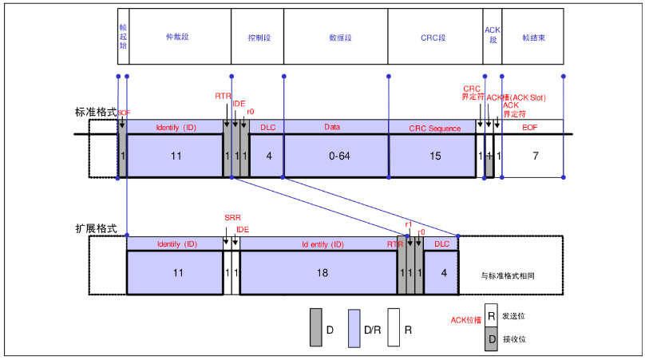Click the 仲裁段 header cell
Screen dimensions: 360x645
[179, 37]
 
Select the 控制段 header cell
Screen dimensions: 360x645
[257, 37]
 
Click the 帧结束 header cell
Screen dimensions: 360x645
[532, 37]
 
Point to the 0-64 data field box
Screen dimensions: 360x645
[335, 156]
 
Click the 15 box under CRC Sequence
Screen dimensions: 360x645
[435, 156]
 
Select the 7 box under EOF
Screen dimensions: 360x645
[534, 156]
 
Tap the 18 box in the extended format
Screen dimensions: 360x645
[318, 273]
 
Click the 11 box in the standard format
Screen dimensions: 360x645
[176, 156]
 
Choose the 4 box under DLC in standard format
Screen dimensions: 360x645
[268, 156]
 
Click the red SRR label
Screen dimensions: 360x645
[231, 218]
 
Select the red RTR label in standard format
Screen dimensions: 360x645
[223, 96]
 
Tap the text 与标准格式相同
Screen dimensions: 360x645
[508, 275]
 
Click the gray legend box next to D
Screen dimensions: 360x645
[315, 328]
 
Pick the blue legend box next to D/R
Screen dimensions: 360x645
[354, 328]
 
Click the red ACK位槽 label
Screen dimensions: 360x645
[466, 320]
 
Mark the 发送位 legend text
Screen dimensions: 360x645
[513, 316]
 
